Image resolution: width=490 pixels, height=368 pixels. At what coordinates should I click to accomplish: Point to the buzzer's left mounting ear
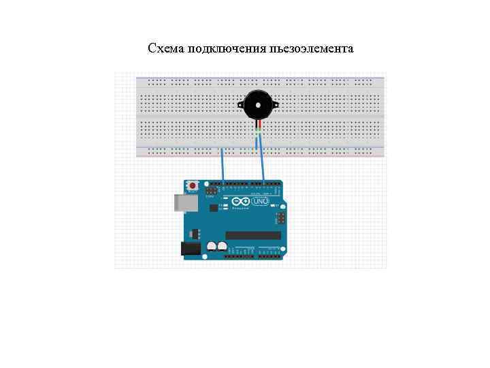pos(240,104)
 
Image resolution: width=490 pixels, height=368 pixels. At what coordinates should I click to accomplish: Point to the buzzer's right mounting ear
pos(276,104)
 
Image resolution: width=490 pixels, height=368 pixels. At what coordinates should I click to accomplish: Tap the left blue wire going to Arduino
pos(223,164)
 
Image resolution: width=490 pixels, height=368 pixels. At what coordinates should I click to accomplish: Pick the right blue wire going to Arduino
pos(261,164)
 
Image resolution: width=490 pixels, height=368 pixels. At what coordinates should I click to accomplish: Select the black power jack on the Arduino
pos(191,249)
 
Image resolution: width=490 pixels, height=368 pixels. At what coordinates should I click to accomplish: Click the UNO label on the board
pos(260,202)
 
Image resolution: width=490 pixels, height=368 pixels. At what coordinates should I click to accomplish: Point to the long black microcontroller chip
pos(253,235)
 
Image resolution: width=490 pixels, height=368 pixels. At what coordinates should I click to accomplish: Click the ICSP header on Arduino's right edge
pos(279,218)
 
